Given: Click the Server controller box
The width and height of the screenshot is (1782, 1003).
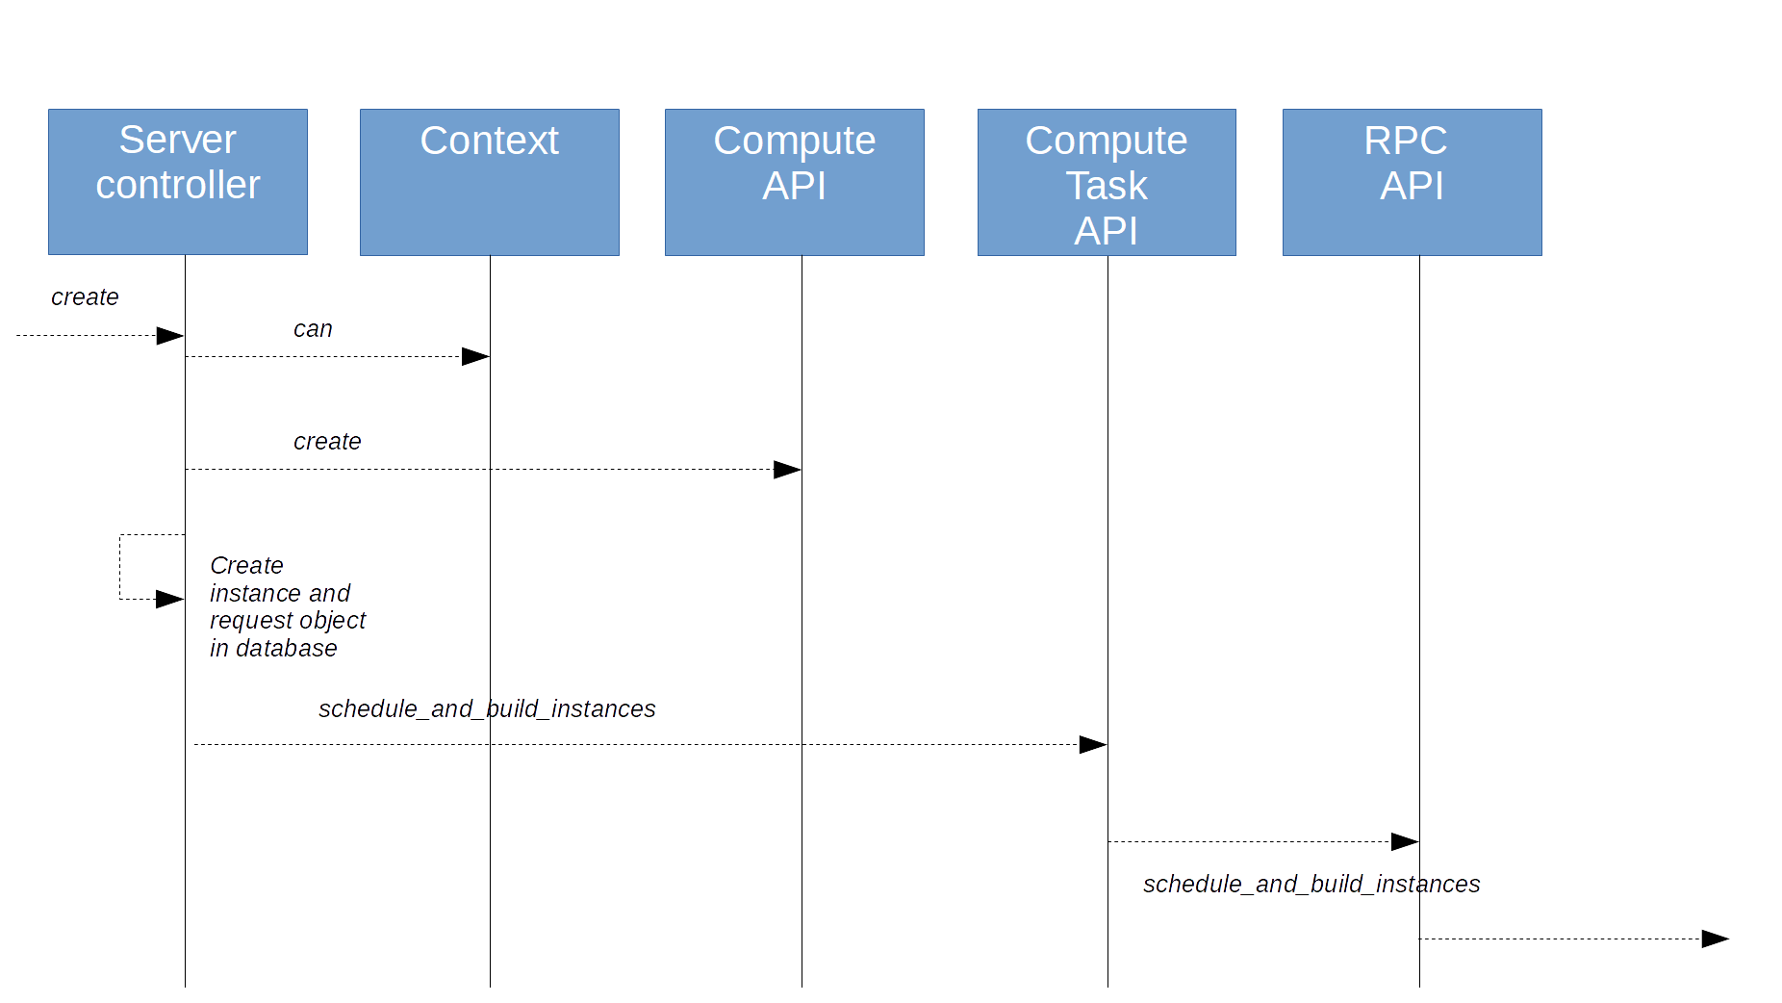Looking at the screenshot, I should tap(178, 182).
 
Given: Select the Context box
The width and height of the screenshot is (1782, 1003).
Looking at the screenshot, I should tap(489, 182).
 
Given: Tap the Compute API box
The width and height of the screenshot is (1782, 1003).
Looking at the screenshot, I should tap(794, 182).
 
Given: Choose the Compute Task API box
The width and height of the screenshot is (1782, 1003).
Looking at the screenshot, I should tap(1107, 182).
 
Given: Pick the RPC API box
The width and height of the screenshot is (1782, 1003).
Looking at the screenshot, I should tap(1412, 182).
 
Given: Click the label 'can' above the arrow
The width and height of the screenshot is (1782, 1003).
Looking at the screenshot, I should tap(313, 329).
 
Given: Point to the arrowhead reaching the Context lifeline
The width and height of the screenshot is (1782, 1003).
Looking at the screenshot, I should tap(476, 357).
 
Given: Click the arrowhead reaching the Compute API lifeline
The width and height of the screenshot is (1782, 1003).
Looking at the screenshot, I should tap(787, 470).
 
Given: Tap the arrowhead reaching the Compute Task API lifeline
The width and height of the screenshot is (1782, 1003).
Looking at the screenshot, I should tap(1093, 744).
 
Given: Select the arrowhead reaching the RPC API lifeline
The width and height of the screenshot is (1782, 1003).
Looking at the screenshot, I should tap(1405, 842).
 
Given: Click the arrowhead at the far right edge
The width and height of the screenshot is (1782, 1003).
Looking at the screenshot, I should tap(1715, 939).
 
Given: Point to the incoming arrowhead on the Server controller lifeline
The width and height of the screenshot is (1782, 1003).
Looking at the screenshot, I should tap(170, 336).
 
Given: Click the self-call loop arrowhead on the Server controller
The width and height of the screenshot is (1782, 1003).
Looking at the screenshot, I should tap(170, 600).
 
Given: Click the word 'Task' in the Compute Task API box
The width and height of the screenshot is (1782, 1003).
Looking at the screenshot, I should tap(1107, 186).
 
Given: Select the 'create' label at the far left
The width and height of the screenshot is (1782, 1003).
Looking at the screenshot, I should tap(85, 297).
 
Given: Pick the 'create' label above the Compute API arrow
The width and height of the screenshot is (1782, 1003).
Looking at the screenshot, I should tap(327, 442).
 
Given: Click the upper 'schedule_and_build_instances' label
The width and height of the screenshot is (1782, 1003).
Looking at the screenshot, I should tap(487, 709).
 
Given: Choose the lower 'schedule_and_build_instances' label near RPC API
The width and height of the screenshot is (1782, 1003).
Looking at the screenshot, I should tap(1311, 885).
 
